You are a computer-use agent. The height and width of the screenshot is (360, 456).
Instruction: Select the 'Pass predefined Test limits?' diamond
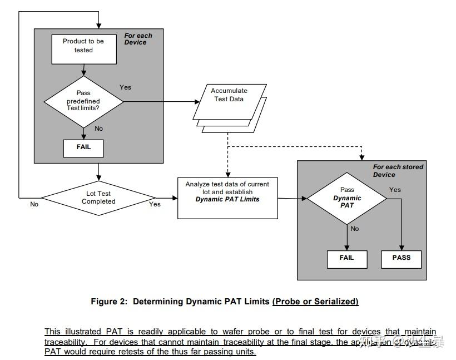(x=83, y=101)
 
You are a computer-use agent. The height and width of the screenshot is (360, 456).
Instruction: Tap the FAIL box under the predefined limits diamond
(x=83, y=148)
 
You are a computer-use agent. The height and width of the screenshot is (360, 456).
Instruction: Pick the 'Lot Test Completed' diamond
(x=98, y=198)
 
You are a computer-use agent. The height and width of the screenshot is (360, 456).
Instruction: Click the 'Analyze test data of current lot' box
(x=227, y=198)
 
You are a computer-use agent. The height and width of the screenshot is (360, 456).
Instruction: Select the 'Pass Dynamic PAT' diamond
(x=347, y=198)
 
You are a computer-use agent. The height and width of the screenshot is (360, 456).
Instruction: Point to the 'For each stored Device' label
(x=398, y=170)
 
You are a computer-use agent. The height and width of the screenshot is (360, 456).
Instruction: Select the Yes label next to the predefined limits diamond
(x=126, y=87)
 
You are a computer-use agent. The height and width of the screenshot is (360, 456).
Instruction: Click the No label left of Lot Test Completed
(x=34, y=204)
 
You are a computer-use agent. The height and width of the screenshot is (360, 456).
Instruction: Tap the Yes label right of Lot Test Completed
(x=155, y=204)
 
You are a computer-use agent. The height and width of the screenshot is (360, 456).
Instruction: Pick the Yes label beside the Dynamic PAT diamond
(x=395, y=190)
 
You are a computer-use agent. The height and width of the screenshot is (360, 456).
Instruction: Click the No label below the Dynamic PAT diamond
(x=355, y=229)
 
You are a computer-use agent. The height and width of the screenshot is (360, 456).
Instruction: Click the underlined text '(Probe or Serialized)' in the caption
(x=315, y=302)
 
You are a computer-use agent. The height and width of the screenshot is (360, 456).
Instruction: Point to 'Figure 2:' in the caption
(x=109, y=302)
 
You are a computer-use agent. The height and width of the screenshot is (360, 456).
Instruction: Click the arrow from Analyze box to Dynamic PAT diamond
(x=292, y=198)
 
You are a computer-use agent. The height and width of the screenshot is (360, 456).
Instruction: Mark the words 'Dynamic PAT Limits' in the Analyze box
(x=227, y=199)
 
